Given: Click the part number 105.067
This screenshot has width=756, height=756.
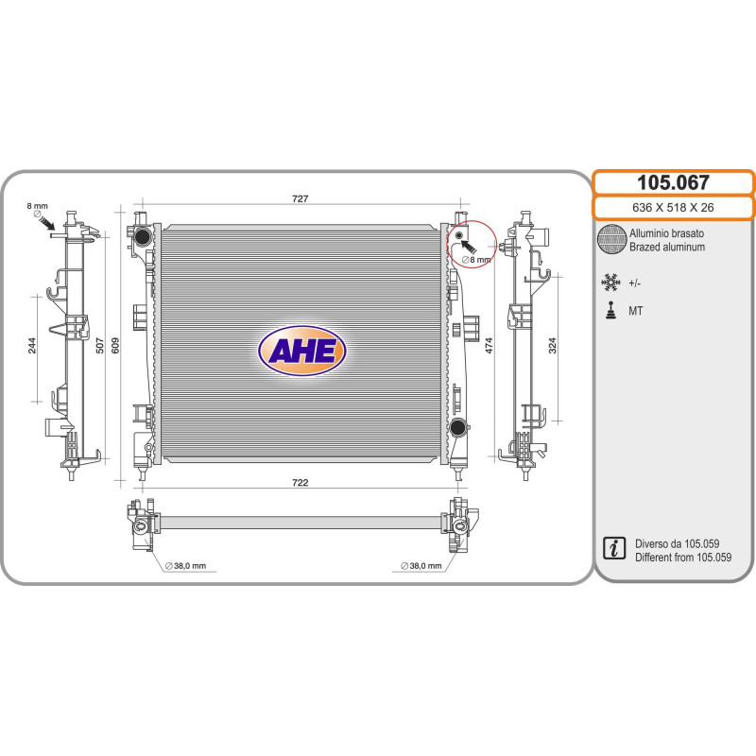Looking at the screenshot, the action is (673, 182).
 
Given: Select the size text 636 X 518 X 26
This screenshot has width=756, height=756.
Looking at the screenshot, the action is (673, 208).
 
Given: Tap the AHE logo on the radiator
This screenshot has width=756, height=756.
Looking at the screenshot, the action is (302, 351).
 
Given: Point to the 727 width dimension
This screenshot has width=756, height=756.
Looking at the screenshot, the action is (300, 198).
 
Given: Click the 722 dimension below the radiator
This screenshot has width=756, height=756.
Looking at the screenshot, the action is (300, 483).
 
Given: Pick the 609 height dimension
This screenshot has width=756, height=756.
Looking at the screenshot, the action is (115, 345).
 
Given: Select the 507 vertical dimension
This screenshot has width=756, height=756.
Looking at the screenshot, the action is (100, 345).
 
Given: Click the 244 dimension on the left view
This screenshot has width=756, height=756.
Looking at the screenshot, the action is (32, 345).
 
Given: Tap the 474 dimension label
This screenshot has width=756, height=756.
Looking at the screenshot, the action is (489, 345).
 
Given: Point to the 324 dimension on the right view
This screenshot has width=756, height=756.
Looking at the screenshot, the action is (553, 345).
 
